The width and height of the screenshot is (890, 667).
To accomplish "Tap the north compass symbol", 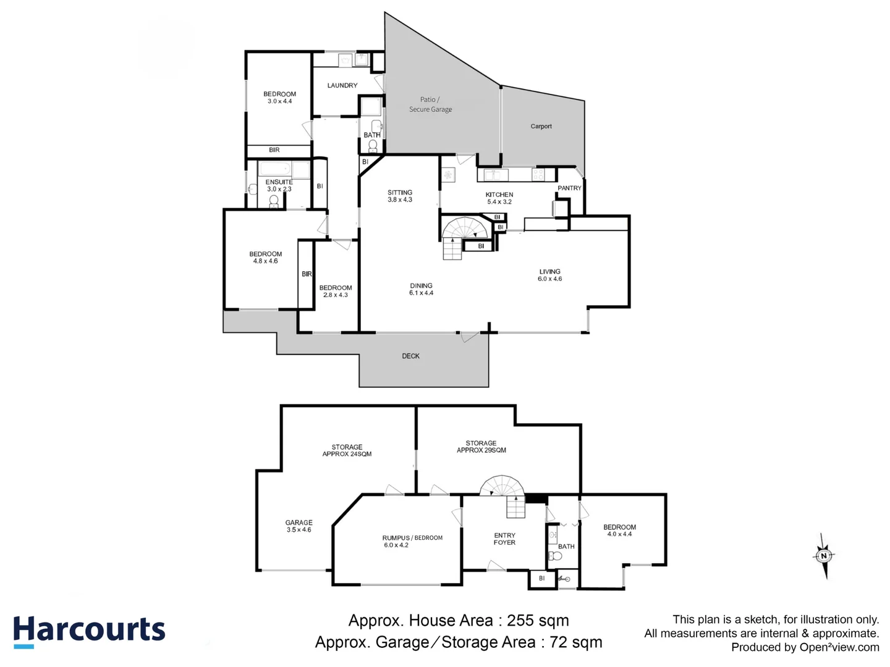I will pyautogui.click(x=823, y=556).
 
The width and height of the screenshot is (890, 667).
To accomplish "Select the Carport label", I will pyautogui.click(x=541, y=126).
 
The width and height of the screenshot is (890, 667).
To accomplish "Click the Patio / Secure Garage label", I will pyautogui.click(x=430, y=104).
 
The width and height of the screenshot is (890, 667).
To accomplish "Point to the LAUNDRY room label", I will pyautogui.click(x=342, y=85).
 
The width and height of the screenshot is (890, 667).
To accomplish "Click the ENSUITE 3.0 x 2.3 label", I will pyautogui.click(x=279, y=185).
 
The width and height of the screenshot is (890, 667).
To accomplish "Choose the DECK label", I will pyautogui.click(x=410, y=356).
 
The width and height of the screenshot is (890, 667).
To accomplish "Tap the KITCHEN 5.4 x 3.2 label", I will pyautogui.click(x=499, y=198).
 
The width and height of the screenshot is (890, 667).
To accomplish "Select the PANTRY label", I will pyautogui.click(x=569, y=188).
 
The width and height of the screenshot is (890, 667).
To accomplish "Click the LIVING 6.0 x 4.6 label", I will pyautogui.click(x=549, y=275).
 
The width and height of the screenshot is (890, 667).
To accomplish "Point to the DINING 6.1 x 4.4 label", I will pyautogui.click(x=421, y=289).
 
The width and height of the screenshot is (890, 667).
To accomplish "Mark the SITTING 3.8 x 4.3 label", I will pyautogui.click(x=400, y=196).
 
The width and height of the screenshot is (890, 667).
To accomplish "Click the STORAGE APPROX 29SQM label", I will pyautogui.click(x=481, y=447).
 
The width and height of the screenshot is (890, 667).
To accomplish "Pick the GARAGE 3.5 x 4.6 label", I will pyautogui.click(x=299, y=526).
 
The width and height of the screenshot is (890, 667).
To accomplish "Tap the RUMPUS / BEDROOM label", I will pyautogui.click(x=412, y=541).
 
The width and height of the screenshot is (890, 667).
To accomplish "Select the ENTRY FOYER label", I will pyautogui.click(x=504, y=539).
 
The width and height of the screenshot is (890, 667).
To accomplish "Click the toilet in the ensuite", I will pyautogui.click(x=274, y=201).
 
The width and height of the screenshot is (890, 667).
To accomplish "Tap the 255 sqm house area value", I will pyautogui.click(x=538, y=620).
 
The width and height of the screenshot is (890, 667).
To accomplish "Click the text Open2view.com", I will pyautogui.click(x=839, y=647).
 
